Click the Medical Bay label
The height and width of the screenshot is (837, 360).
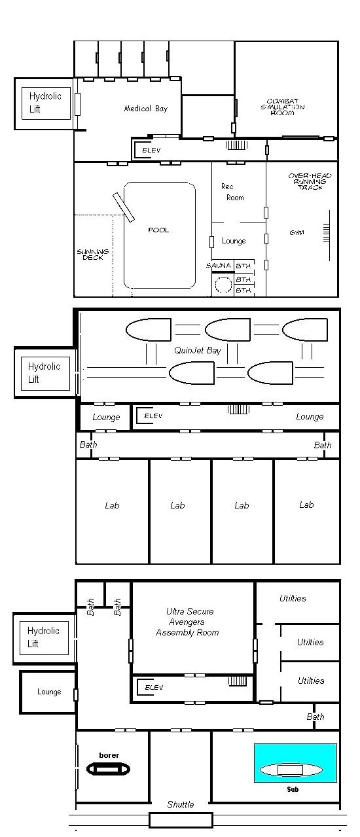coord(146,109)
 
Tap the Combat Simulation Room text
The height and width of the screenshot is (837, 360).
coord(283,107)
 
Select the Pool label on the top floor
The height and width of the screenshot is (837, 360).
coord(158,230)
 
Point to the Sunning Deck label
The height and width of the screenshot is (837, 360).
coord(93,255)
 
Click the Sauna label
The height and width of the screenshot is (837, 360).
coord(219,266)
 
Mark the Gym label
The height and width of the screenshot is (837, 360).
coord(297,232)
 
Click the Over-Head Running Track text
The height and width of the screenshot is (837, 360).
coord(310,181)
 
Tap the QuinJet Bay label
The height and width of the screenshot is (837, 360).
coord(198,351)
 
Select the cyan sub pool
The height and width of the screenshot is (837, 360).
coord(295,762)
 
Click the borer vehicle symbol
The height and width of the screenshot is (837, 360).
coord(109,769)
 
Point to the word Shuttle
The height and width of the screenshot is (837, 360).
coord(181,804)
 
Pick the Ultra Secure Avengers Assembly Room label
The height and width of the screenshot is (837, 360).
coord(188,622)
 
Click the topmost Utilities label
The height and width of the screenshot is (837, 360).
coord(293,598)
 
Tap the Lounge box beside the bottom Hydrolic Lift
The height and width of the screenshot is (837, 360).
coord(48,692)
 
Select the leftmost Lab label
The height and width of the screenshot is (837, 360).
coord(112,506)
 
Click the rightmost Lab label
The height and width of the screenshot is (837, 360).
coord(306,505)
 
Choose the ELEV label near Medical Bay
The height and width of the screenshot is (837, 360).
coord(151,151)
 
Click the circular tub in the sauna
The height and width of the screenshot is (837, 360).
coord(224,285)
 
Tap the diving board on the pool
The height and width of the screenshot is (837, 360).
coord(124,207)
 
